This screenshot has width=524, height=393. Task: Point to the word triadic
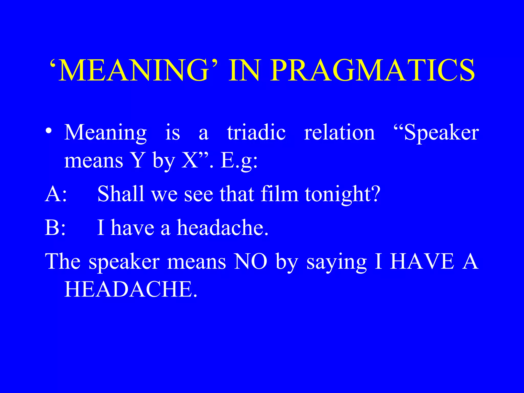pos(256,133)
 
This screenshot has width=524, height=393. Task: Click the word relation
pos(339,133)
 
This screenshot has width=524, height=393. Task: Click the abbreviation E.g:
pos(239,161)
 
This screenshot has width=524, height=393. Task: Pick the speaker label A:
pos(56,194)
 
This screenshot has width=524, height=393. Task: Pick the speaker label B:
pos(55,227)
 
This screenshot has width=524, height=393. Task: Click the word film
pos(279,194)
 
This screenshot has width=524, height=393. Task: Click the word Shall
pos(121,194)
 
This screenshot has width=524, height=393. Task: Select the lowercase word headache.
pos(223,227)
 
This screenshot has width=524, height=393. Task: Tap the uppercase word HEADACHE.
pos(130,289)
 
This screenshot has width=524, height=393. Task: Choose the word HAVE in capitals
pos(422,261)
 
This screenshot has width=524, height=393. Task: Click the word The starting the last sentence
pos(63,261)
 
